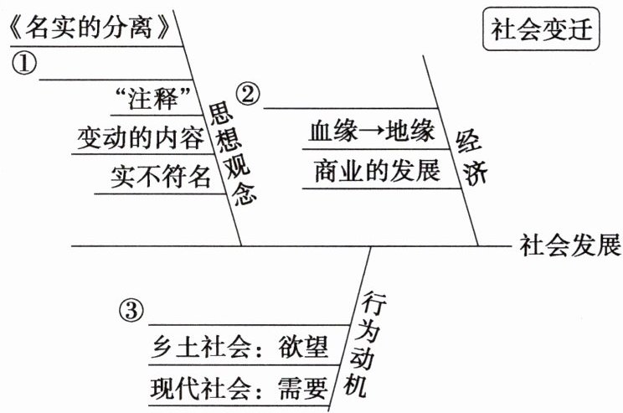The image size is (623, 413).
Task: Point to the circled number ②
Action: tap(248, 93)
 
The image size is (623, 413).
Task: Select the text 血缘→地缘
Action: tap(371, 132)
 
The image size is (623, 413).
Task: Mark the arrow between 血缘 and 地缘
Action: tap(372, 132)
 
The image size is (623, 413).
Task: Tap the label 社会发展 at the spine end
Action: tap(569, 246)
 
